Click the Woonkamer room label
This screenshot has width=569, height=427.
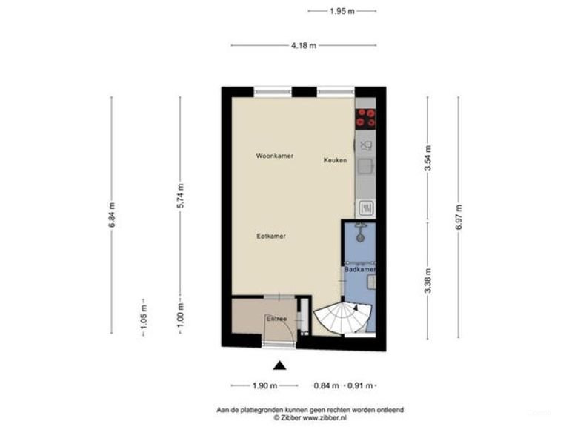[x=275, y=156]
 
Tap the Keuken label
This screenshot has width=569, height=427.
[x=335, y=160]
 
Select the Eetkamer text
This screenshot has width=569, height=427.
[x=271, y=236]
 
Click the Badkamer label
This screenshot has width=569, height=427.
[x=360, y=270]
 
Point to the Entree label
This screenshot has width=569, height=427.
[x=276, y=319]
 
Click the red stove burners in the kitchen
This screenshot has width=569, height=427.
[x=365, y=118]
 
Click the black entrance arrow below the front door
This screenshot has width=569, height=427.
[x=279, y=365]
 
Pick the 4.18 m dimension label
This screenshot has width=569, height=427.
[x=303, y=45]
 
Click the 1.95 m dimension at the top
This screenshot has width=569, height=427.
[x=342, y=11]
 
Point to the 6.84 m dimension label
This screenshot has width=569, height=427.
[x=112, y=215]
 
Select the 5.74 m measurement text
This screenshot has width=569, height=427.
[x=180, y=196]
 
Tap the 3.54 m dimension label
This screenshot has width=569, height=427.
[x=427, y=159]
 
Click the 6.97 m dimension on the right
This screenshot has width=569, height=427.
[x=459, y=216]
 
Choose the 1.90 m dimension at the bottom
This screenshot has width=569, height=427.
[x=264, y=385]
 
